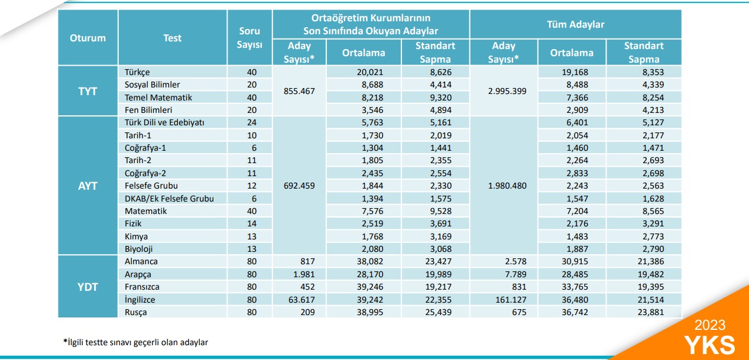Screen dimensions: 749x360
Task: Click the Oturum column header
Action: (x=87, y=38)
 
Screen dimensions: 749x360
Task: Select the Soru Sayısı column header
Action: (x=249, y=38)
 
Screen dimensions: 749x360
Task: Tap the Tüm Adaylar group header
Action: (x=575, y=24)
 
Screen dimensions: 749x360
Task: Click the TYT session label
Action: (x=87, y=91)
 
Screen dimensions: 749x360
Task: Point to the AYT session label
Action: (x=87, y=186)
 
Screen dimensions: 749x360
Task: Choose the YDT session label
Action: (x=87, y=287)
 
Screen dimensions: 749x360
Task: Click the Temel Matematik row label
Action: (x=158, y=98)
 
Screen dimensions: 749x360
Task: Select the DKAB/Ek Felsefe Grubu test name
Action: (x=169, y=199)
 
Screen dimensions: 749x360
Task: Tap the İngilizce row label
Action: (x=140, y=300)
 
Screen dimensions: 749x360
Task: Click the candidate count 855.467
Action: (x=299, y=91)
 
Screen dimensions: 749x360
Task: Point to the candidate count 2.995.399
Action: (x=507, y=91)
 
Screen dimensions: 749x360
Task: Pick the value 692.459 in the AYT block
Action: (x=299, y=186)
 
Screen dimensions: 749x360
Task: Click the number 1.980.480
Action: (x=507, y=186)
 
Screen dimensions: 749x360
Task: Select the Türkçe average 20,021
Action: (x=370, y=72)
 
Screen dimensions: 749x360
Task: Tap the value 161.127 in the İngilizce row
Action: (x=511, y=300)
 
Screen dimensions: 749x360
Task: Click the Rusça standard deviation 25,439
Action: (x=438, y=312)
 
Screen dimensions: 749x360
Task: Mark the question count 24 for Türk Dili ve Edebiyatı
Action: (x=252, y=122)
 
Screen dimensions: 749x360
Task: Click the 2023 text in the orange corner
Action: (x=710, y=325)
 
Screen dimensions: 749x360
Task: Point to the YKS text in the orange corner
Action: (x=709, y=345)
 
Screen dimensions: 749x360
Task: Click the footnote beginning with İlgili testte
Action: (x=135, y=342)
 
